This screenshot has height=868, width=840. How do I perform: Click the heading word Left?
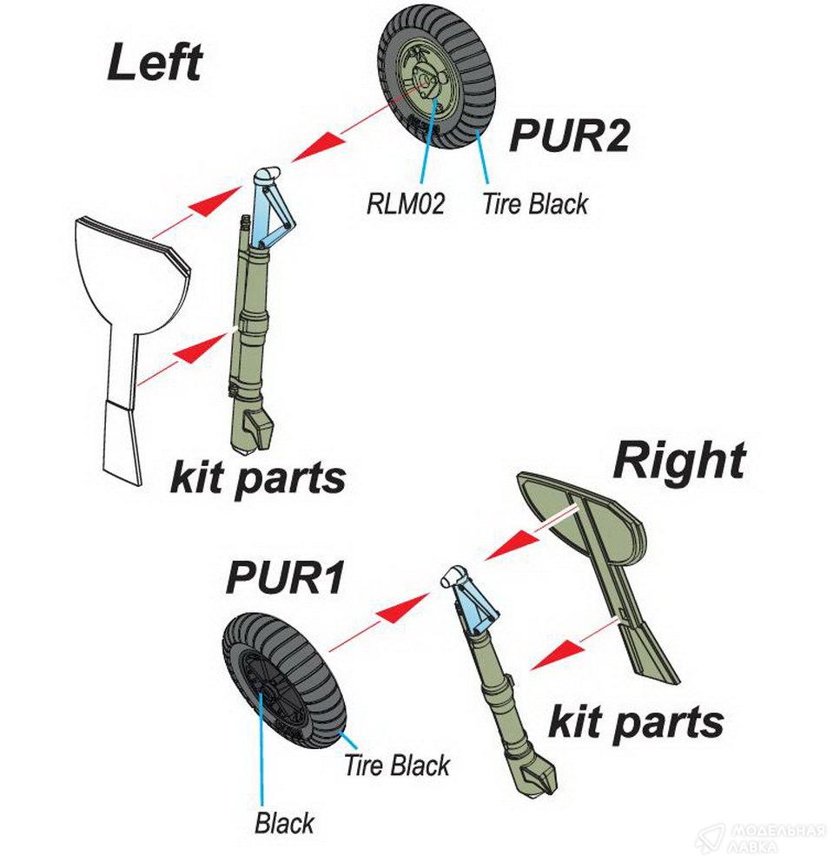[154, 63]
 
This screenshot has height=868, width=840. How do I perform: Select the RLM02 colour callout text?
[405, 205]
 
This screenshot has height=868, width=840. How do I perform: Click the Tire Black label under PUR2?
[534, 204]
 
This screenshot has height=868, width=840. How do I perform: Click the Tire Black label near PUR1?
[397, 766]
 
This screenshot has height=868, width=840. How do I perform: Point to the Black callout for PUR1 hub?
[284, 822]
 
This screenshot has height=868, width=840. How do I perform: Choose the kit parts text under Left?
[257, 477]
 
